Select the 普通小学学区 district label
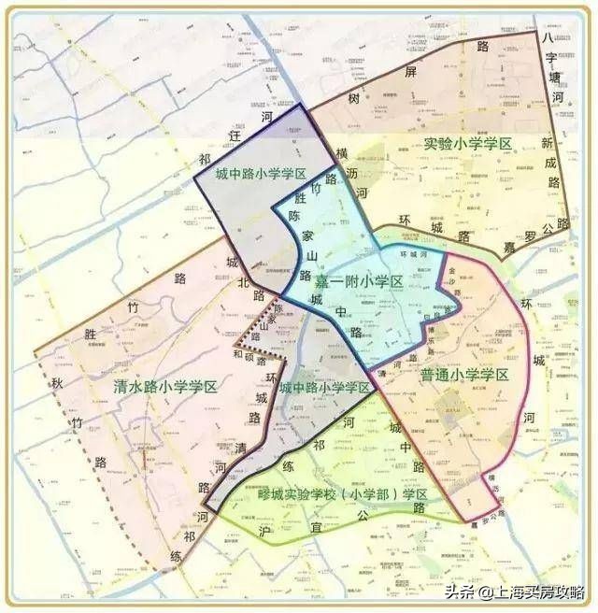click(463, 375)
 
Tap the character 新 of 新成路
click(547, 144)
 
